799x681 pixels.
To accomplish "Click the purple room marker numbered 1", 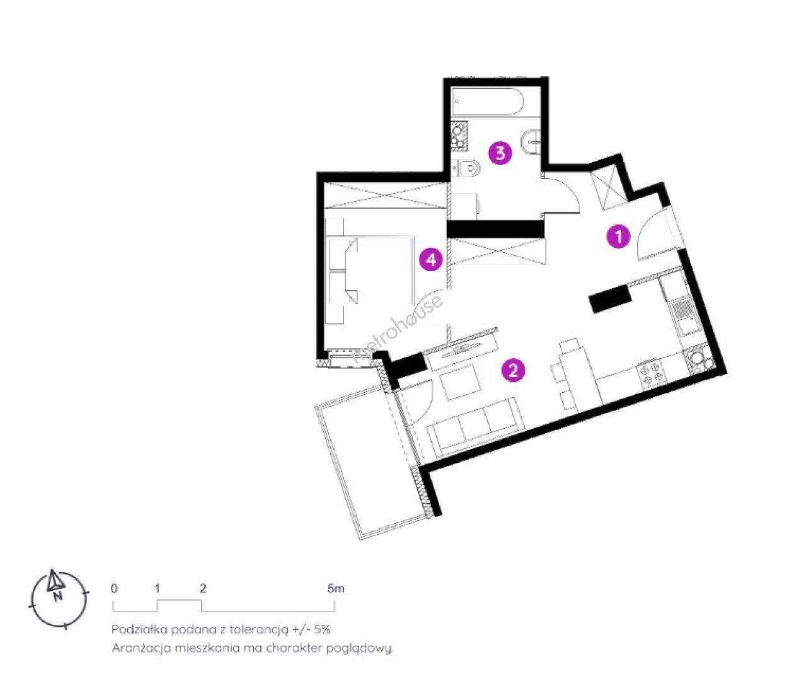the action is click(x=619, y=236).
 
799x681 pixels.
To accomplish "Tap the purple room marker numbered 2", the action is click(x=514, y=371).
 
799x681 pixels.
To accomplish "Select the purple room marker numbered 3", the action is click(x=500, y=153).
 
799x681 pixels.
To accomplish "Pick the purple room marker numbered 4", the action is click(x=432, y=260).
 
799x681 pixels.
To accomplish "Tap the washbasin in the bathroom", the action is click(x=531, y=142).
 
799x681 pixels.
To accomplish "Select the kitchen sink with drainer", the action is click(x=684, y=318).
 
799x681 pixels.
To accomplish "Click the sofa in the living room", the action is click(x=475, y=427).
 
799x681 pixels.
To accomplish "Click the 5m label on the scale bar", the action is click(x=335, y=588).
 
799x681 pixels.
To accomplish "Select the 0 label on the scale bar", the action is click(x=114, y=588).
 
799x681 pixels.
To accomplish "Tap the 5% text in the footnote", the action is click(x=323, y=629).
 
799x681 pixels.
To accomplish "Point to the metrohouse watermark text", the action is click(x=398, y=330).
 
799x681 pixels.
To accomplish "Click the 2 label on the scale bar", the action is click(x=204, y=588).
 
